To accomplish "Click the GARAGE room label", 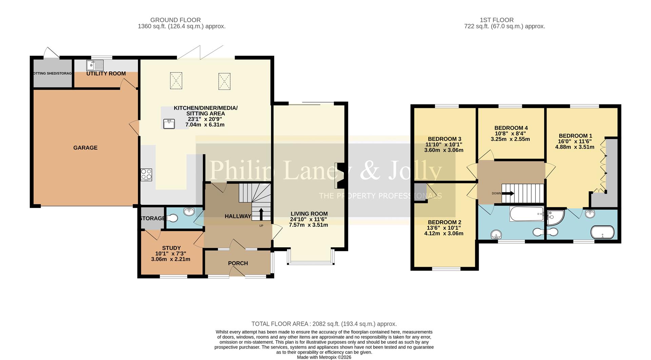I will click(x=85, y=148).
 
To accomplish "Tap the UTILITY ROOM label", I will click(x=106, y=74).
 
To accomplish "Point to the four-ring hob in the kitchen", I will click(x=146, y=175).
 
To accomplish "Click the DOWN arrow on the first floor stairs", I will click(x=508, y=193).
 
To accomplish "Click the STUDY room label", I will click(x=171, y=248).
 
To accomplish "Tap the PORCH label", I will click(x=238, y=263).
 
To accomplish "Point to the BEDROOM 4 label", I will click(x=511, y=128).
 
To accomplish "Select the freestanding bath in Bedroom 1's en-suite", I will click(x=602, y=233).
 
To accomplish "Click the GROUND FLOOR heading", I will click(x=175, y=20).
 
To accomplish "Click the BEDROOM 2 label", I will click(x=444, y=223).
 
